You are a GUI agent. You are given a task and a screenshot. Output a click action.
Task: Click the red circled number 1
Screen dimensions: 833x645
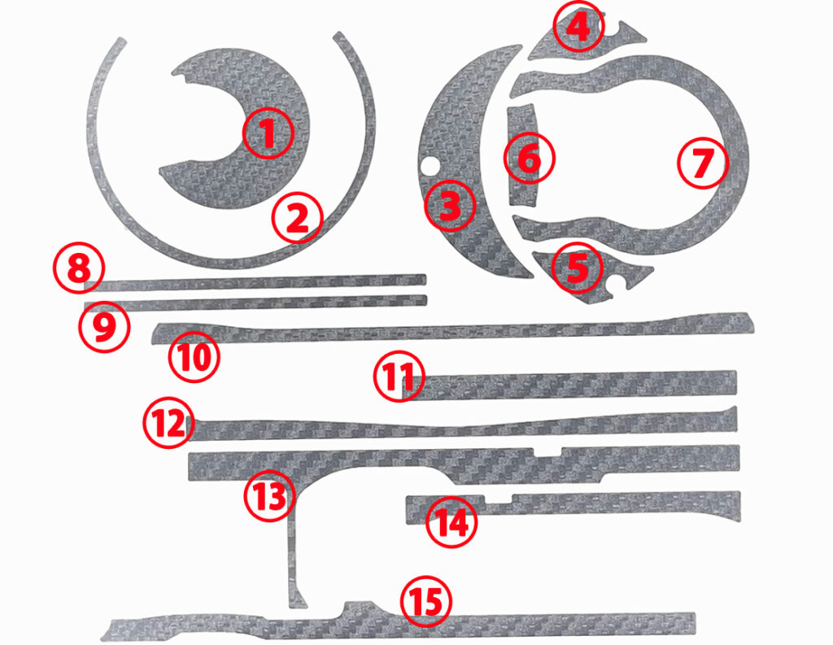coord(268,133)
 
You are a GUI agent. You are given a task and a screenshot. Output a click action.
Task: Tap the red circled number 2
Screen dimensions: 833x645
coord(298,218)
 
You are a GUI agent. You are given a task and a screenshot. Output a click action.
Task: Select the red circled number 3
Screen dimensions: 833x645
coord(450,206)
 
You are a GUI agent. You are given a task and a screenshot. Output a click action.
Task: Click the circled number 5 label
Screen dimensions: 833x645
coord(578,268)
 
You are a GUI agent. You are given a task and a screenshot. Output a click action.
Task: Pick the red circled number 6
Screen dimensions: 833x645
coord(529,158)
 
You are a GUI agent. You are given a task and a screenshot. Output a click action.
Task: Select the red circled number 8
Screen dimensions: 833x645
coord(79,268)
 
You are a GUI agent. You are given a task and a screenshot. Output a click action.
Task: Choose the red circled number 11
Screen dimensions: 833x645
coord(399,376)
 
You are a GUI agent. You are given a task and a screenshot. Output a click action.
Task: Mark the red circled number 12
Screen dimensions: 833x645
coord(168,422)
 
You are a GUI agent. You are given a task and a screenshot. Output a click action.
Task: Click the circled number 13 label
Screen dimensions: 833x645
coord(269,495)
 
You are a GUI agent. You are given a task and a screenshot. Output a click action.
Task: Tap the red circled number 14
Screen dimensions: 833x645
coord(451,522)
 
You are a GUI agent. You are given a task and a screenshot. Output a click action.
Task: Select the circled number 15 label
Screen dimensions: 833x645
coord(426,603)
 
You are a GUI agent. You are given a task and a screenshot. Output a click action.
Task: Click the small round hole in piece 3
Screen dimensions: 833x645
coord(428,166)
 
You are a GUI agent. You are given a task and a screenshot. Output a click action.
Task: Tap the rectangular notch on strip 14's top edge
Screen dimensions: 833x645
coord(499,500)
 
